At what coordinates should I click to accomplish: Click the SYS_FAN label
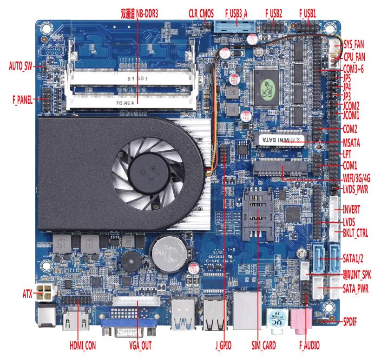click(354, 45)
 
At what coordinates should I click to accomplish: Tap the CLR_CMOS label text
click(201, 13)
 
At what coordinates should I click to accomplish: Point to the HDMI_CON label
click(83, 346)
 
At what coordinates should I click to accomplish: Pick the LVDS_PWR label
click(356, 189)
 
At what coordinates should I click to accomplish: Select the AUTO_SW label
click(21, 65)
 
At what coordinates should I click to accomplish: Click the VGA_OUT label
click(140, 346)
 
